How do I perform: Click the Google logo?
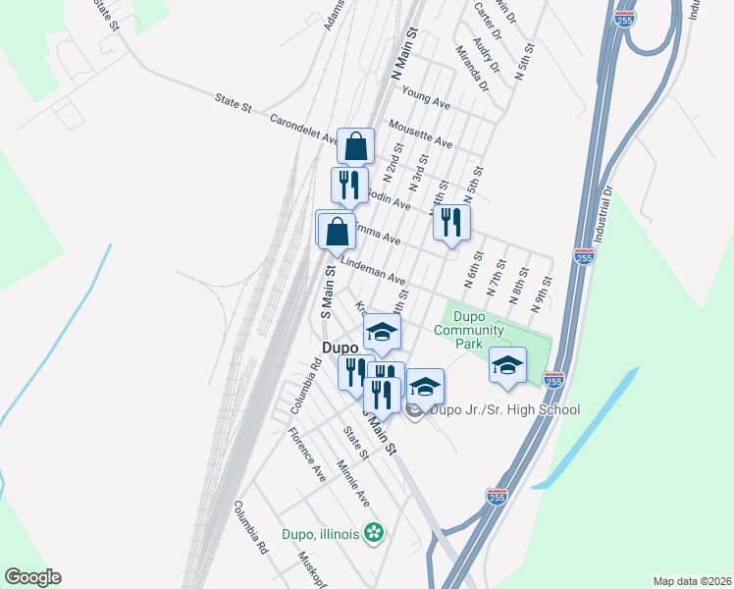pos(32,577)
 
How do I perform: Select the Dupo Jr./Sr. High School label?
pos(505,409)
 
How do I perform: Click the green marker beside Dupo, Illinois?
pos(374,534)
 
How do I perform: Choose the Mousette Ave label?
pos(420,134)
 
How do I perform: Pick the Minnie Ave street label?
pos(352,484)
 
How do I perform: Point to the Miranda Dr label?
pos(471,68)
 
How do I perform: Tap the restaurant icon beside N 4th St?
pos(451,222)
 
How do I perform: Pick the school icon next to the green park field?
pos(507,365)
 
